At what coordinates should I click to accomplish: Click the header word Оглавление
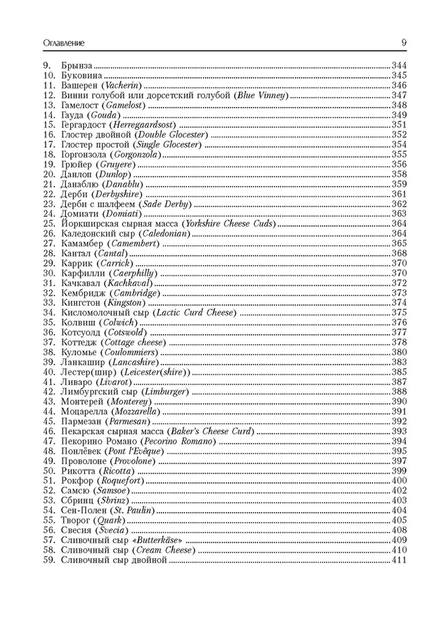(x=63, y=43)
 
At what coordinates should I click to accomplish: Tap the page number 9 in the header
(x=404, y=43)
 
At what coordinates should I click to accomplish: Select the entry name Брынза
(x=77, y=66)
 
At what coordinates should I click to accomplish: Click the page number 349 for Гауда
(x=399, y=115)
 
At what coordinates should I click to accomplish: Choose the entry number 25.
(x=49, y=224)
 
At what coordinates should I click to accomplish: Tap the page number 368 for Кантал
(x=399, y=253)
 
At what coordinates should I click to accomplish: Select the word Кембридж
(x=83, y=293)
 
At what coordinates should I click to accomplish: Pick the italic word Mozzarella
(x=136, y=411)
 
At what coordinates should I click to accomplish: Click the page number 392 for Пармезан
(x=399, y=421)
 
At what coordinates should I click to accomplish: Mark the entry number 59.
(x=49, y=560)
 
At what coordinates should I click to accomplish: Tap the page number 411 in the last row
(x=399, y=560)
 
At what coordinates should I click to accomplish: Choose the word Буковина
(x=82, y=75)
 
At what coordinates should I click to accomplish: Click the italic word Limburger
(x=165, y=392)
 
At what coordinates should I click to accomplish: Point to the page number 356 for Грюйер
(x=399, y=164)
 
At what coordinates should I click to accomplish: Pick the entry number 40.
(x=49, y=372)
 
